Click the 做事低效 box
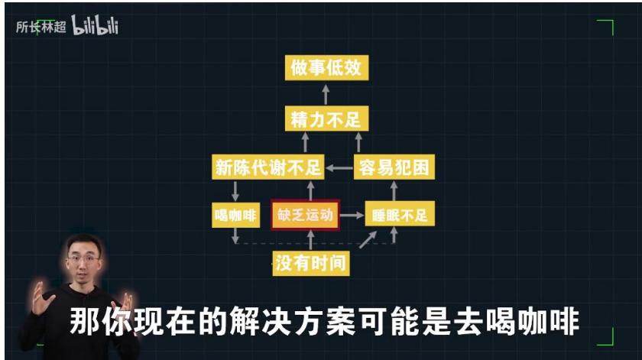point(327,67)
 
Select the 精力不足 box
point(327,118)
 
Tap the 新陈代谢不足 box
point(267,167)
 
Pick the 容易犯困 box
point(394,167)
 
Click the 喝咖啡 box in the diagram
point(236,215)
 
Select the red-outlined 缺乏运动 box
point(306,215)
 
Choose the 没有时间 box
point(311,263)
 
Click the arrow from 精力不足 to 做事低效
point(326,94)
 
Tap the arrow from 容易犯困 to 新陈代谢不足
point(339,168)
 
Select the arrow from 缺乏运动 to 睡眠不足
point(352,215)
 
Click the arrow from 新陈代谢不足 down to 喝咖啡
point(235,191)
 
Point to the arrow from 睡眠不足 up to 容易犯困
point(394,190)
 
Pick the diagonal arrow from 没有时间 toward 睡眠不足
point(368,239)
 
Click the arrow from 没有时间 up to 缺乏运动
point(310,240)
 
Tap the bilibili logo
point(95,25)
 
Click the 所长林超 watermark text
point(41,27)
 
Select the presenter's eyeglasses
point(84,259)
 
